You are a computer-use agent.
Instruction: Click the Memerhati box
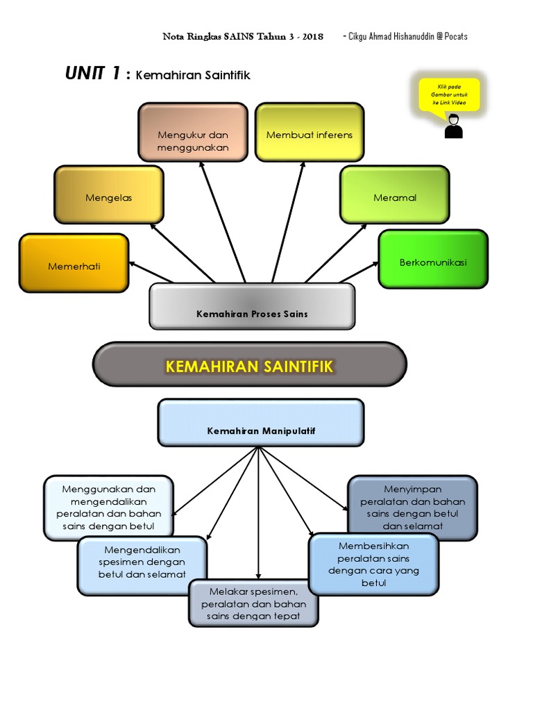[x=74, y=263]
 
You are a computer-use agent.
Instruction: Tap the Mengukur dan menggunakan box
[x=192, y=133]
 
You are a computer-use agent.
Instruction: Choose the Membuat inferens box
[x=310, y=133]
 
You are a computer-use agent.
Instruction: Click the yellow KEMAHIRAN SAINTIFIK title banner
[x=250, y=365]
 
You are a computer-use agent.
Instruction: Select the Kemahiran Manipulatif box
[x=261, y=422]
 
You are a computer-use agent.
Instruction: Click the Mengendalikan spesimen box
[x=142, y=565]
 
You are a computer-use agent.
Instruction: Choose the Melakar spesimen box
[x=253, y=603]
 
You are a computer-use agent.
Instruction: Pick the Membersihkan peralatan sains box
[x=373, y=564]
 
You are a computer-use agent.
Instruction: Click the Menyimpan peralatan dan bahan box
[x=412, y=508]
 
